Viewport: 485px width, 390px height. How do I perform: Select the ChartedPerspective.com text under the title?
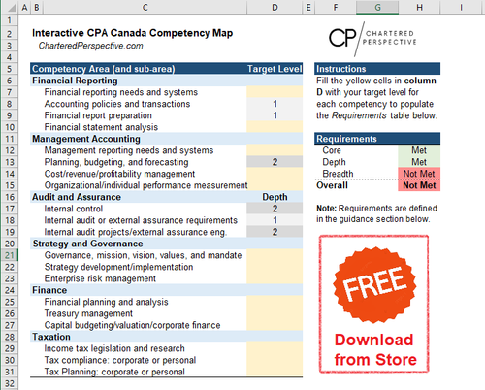[92, 46]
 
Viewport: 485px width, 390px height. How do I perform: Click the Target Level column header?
[275, 69]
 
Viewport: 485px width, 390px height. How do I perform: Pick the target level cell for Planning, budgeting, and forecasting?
[275, 162]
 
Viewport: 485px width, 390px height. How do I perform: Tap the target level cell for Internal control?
[275, 209]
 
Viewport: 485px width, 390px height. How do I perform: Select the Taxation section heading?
[58, 337]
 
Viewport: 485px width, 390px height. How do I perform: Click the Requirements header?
[347, 139]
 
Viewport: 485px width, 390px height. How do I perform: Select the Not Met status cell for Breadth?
[420, 174]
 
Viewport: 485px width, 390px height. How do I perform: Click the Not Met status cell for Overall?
[420, 186]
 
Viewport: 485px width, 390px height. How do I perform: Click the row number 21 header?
[13, 255]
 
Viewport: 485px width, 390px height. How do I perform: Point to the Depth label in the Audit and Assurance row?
[275, 197]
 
